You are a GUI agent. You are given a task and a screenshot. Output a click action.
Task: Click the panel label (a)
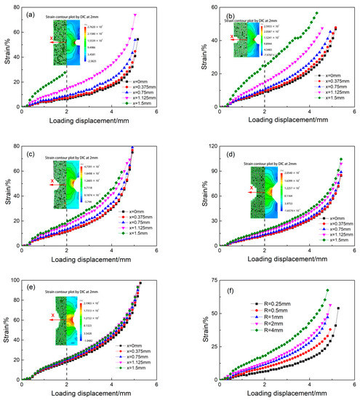[x=31, y=15]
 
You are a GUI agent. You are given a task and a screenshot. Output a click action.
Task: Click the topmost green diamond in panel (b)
[x=316, y=13]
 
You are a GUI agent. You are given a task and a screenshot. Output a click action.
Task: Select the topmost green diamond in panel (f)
[x=327, y=290]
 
